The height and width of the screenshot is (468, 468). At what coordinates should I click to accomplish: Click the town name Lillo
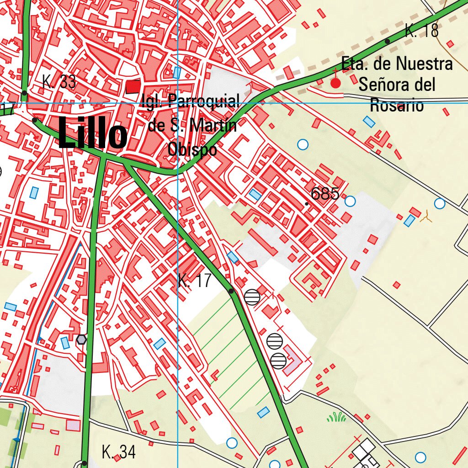pos(93,134)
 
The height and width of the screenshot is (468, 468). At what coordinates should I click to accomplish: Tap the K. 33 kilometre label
pos(58,82)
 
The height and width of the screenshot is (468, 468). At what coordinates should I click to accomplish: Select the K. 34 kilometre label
pos(118,452)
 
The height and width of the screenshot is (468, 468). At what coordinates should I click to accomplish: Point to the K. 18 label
pos(421,31)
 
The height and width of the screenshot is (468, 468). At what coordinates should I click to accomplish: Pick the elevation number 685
pos(324,194)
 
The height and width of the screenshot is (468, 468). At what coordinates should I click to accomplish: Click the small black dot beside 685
pos(307,203)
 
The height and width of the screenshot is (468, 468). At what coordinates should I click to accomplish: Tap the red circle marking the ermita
pos(335,83)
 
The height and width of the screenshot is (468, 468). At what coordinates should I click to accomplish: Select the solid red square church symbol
pos(133,86)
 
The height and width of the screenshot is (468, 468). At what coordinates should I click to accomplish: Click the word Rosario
pos(396,105)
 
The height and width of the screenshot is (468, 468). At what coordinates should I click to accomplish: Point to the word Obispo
pos(192,149)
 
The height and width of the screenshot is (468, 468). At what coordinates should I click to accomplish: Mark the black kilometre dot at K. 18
pos(388,41)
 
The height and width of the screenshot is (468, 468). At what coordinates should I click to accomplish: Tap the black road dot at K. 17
pos(231,291)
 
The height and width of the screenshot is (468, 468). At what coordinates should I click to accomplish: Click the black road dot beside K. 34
pos(85,463)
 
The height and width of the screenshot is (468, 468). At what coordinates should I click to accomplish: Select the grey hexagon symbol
pos(81,339)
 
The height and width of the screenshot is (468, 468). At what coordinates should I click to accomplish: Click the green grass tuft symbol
pos(336,416)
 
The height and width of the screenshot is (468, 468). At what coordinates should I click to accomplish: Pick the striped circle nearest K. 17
pos(252,297)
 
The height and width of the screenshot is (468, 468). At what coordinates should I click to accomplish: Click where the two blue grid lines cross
pos(177,103)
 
